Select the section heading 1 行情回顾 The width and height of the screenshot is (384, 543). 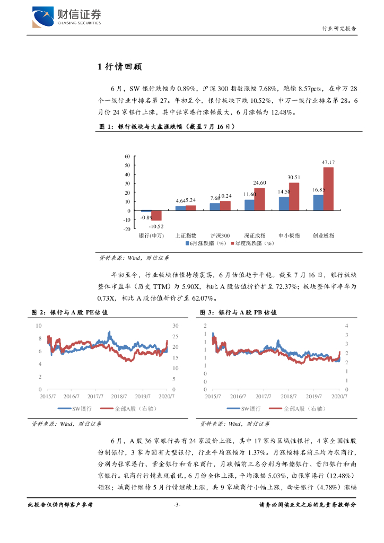[119, 67]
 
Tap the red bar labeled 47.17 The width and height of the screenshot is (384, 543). [328, 188]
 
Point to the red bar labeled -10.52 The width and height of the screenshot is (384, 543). [157, 215]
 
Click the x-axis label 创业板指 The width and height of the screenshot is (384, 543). [323, 235]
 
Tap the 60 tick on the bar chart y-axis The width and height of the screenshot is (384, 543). [127, 156]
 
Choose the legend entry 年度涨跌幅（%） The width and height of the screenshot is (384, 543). [253, 243]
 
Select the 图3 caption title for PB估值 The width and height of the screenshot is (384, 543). [239, 313]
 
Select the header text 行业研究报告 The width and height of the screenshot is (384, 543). [339, 29]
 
